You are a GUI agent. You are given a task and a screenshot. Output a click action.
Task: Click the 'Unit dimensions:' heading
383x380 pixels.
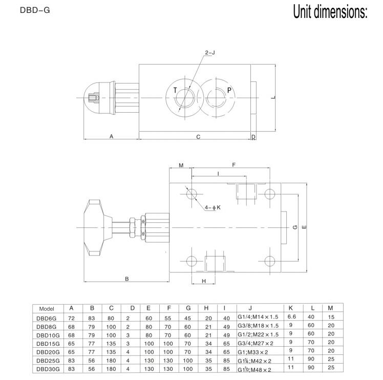click(x=330, y=12)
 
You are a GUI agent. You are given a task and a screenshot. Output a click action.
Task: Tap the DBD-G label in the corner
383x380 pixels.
click(x=35, y=10)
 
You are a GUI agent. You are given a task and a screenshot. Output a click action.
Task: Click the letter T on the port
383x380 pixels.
click(x=175, y=91)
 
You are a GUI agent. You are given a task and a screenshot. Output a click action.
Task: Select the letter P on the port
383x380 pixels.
click(x=229, y=91)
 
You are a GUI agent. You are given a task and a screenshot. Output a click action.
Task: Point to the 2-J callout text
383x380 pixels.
click(x=210, y=53)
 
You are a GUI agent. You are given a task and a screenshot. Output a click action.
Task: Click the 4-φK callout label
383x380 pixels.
click(x=212, y=207)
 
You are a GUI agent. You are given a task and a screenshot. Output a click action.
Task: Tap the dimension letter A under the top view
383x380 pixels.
click(x=112, y=136)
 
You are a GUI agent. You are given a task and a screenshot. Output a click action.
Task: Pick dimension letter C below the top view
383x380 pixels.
click(x=198, y=137)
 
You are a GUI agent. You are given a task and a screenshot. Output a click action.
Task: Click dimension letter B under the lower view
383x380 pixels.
click(x=127, y=279)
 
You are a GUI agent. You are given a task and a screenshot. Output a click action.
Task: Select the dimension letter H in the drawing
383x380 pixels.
click(x=204, y=281)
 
